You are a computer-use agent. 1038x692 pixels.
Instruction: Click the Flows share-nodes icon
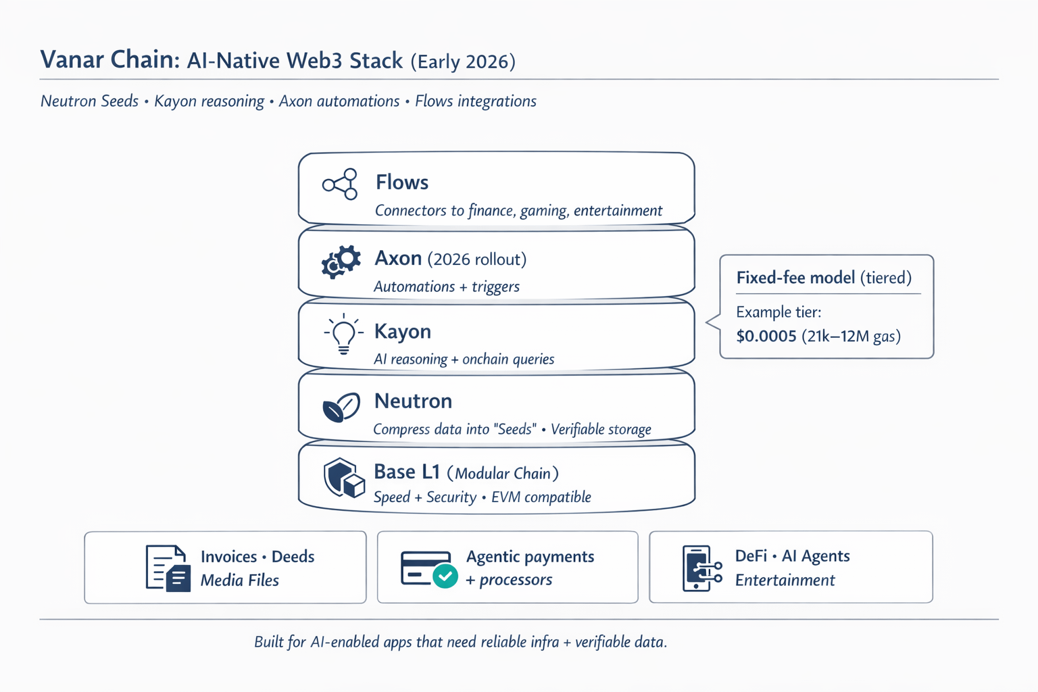[340, 184]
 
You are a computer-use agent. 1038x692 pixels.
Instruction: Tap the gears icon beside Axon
[341, 262]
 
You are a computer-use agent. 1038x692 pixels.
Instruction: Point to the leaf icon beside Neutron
[341, 407]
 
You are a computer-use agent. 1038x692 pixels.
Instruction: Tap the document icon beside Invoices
[168, 568]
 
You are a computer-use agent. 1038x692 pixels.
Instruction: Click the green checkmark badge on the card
[445, 576]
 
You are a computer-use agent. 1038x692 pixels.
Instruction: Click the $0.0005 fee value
[766, 336]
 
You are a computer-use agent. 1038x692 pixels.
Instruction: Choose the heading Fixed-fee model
[795, 278]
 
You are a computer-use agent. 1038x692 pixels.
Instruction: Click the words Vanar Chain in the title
[110, 59]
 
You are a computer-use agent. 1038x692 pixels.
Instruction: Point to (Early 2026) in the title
[463, 61]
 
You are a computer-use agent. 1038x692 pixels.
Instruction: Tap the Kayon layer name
[403, 331]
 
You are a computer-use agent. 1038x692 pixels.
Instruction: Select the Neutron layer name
[413, 401]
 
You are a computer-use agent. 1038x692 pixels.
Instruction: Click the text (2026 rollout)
[477, 259]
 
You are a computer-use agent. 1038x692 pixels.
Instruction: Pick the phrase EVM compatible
[541, 497]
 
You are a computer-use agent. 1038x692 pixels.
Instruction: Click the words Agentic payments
[530, 556]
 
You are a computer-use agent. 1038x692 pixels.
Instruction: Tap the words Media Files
[240, 580]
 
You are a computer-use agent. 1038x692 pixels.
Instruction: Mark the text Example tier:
[778, 312]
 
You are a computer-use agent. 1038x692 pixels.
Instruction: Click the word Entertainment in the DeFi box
[785, 580]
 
